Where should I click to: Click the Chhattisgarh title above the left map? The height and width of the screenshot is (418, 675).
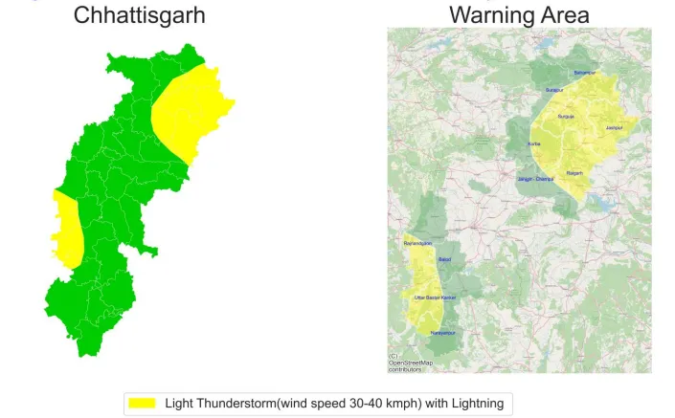tap(139, 15)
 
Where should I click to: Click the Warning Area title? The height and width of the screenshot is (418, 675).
tap(519, 15)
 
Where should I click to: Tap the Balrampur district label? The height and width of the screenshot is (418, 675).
tap(585, 73)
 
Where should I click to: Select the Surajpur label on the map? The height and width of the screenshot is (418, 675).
tap(553, 90)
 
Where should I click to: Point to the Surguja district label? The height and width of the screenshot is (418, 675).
tap(566, 116)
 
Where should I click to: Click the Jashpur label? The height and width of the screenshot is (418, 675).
tap(615, 127)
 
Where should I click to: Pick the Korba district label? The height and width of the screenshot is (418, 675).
tap(534, 143)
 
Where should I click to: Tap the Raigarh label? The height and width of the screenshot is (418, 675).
tap(575, 173)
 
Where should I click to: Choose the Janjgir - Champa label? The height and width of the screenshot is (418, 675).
tap(535, 179)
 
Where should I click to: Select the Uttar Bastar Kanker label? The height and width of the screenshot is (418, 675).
tap(435, 297)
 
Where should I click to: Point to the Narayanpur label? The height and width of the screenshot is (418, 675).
tap(442, 332)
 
